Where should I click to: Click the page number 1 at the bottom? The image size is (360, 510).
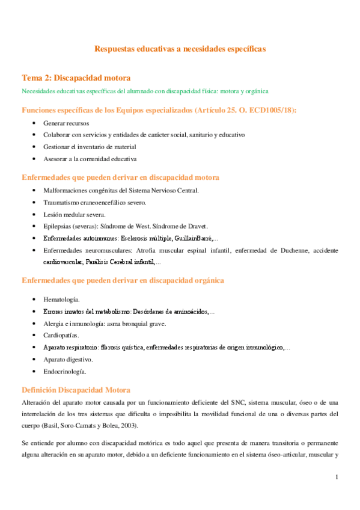(x=337, y=478)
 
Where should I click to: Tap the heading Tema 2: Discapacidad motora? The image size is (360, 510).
(x=76, y=78)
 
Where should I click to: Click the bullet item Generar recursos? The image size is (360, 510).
(x=66, y=123)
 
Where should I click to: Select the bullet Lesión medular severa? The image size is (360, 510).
(x=74, y=215)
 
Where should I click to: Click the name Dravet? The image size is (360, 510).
(x=195, y=227)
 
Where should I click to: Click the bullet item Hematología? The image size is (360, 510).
(x=62, y=299)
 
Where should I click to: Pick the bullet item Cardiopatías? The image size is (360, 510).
(x=61, y=335)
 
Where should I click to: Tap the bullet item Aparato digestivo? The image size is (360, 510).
(x=68, y=359)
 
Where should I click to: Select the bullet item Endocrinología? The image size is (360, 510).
(x=65, y=372)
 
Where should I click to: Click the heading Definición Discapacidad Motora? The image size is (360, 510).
(x=75, y=389)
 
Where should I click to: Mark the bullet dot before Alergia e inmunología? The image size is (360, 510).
(x=34, y=324)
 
